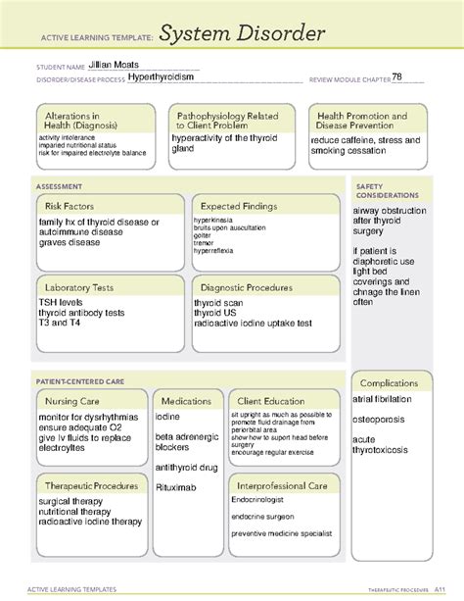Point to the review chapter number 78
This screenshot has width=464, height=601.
pos(396,77)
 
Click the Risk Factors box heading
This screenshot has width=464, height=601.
pos(68,206)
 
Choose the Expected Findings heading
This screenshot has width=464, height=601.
pos(238,206)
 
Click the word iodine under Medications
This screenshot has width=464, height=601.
pos(167,417)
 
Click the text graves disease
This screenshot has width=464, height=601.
pos(70,242)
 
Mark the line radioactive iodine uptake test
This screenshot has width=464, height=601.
pos(253,323)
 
